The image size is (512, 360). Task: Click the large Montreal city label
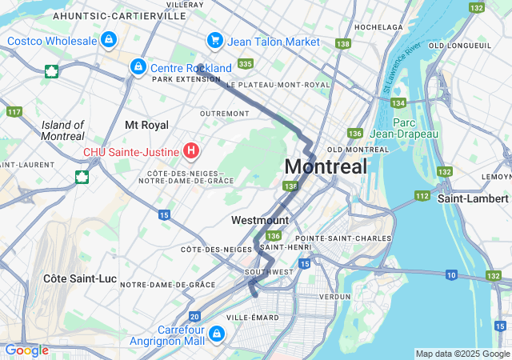pyautogui.click(x=326, y=166)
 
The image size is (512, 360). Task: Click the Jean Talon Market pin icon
pyautogui.click(x=214, y=39)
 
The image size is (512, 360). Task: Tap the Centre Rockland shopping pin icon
pyautogui.click(x=138, y=66)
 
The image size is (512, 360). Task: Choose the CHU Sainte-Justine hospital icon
pyautogui.click(x=191, y=150)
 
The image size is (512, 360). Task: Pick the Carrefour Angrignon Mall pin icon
pyautogui.click(x=217, y=333)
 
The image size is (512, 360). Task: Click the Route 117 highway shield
pyautogui.click(x=14, y=111)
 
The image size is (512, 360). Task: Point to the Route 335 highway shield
pyautogui.click(x=246, y=63)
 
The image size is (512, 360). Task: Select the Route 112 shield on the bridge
pyautogui.click(x=422, y=196)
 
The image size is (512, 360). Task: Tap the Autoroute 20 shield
pyautogui.click(x=195, y=318)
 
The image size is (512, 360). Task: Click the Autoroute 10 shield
pyautogui.click(x=451, y=275)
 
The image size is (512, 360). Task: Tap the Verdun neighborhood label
pyautogui.click(x=334, y=296)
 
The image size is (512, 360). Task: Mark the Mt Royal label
pyautogui.click(x=146, y=126)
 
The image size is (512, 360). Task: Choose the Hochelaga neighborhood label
pyautogui.click(x=378, y=26)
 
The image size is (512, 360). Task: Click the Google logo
pyautogui.click(x=26, y=350)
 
